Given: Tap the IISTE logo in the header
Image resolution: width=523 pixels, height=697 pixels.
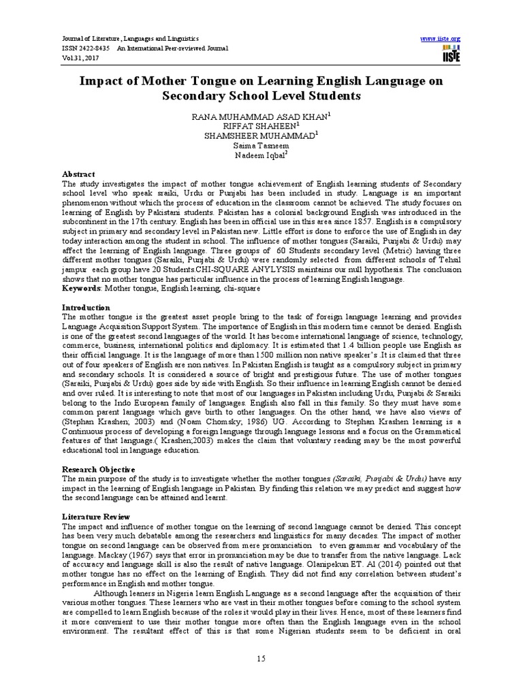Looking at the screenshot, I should [451, 54].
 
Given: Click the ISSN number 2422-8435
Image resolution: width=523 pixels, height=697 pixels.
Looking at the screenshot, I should [96, 48].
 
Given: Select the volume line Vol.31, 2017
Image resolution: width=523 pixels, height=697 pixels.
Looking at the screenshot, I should [80, 59].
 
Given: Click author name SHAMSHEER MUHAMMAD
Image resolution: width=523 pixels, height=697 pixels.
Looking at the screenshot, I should [259, 136].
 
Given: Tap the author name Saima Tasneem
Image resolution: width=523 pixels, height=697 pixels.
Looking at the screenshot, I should [261, 146].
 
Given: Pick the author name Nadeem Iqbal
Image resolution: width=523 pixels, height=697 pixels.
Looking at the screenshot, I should [261, 155].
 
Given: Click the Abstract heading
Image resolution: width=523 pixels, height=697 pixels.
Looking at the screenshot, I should [78, 174].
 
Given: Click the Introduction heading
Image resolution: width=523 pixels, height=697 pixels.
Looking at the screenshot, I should [86, 308].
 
